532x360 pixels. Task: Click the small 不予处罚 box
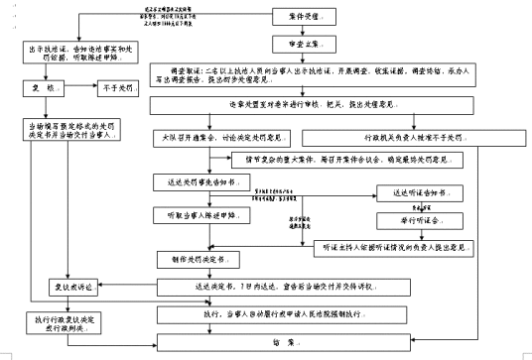pos(117,88)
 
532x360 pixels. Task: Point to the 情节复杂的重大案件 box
pos(347,160)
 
